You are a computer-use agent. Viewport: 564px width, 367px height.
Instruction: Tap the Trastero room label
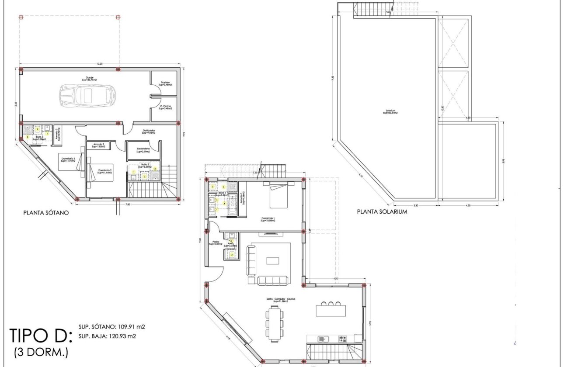(x=165, y=83)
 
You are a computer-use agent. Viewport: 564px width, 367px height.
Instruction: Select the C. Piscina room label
(x=165, y=107)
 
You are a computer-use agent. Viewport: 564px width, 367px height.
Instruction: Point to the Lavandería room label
(x=143, y=150)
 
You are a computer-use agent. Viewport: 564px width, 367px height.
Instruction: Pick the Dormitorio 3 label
(x=68, y=159)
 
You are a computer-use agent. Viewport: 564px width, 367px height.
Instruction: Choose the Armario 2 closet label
(x=98, y=145)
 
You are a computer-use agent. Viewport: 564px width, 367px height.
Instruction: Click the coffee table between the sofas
(x=273, y=260)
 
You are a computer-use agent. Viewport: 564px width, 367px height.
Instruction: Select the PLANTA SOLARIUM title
(x=382, y=211)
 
